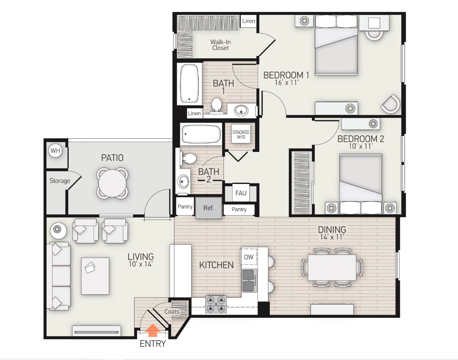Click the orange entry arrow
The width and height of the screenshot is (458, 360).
[153, 331]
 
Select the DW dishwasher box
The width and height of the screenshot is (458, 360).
[249, 257]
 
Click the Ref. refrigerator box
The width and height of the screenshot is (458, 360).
[209, 207]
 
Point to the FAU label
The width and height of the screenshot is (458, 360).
[241, 193]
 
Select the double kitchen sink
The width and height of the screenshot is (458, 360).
[249, 281]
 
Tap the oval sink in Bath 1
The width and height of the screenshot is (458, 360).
[241, 111]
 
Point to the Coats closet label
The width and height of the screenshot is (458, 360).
[172, 312]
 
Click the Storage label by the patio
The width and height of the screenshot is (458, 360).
[60, 181]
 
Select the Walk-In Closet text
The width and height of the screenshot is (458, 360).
[220, 45]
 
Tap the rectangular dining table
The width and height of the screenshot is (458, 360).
[332, 267]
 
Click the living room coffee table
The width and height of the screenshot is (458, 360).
[95, 276]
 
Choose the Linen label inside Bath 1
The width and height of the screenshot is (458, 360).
[194, 113]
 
